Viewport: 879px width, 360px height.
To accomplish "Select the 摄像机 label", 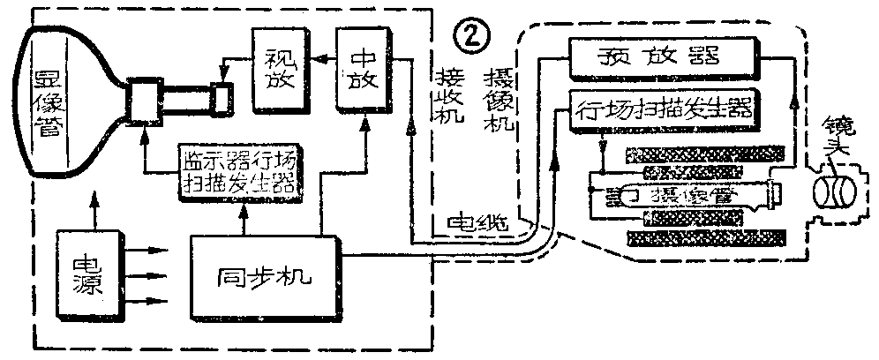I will click(500, 101).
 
